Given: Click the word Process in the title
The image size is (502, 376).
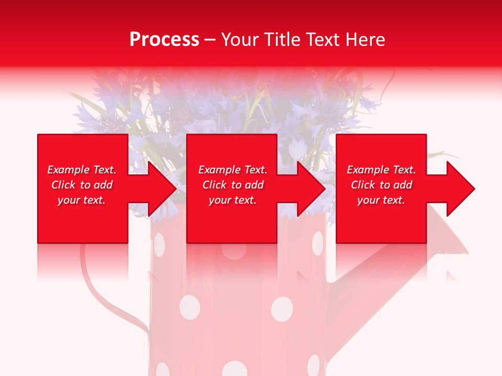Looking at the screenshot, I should point(164,40).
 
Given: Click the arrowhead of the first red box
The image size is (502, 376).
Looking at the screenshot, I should point(162,189).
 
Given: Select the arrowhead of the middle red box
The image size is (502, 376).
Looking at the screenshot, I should point(311,189).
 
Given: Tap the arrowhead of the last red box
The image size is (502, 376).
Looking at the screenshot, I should point(460,189).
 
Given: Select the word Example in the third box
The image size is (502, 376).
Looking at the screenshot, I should point(368,170).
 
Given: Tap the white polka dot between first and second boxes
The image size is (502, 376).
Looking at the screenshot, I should point(158,244).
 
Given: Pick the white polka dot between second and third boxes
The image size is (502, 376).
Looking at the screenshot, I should point(317,243).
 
